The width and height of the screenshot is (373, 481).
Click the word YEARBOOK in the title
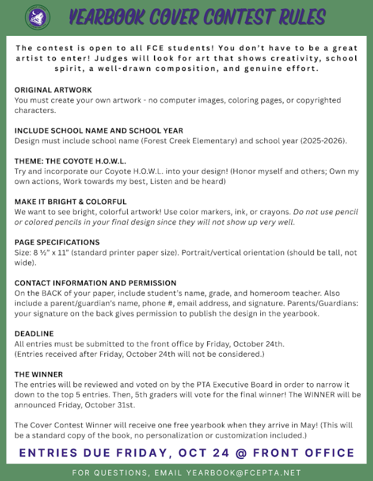click(107, 17)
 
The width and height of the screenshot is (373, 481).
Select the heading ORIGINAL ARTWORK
click(53, 90)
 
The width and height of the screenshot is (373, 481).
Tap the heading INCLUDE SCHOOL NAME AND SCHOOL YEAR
click(98, 130)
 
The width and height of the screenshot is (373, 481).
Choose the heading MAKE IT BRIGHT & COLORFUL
click(70, 202)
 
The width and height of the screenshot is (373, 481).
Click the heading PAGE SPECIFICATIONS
click(57, 242)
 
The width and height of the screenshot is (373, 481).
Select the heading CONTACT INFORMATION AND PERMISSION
click(95, 283)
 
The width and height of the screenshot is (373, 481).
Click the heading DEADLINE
click(34, 334)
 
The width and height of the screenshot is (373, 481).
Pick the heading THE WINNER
click(39, 374)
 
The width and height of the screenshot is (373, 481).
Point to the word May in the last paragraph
click(295, 425)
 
